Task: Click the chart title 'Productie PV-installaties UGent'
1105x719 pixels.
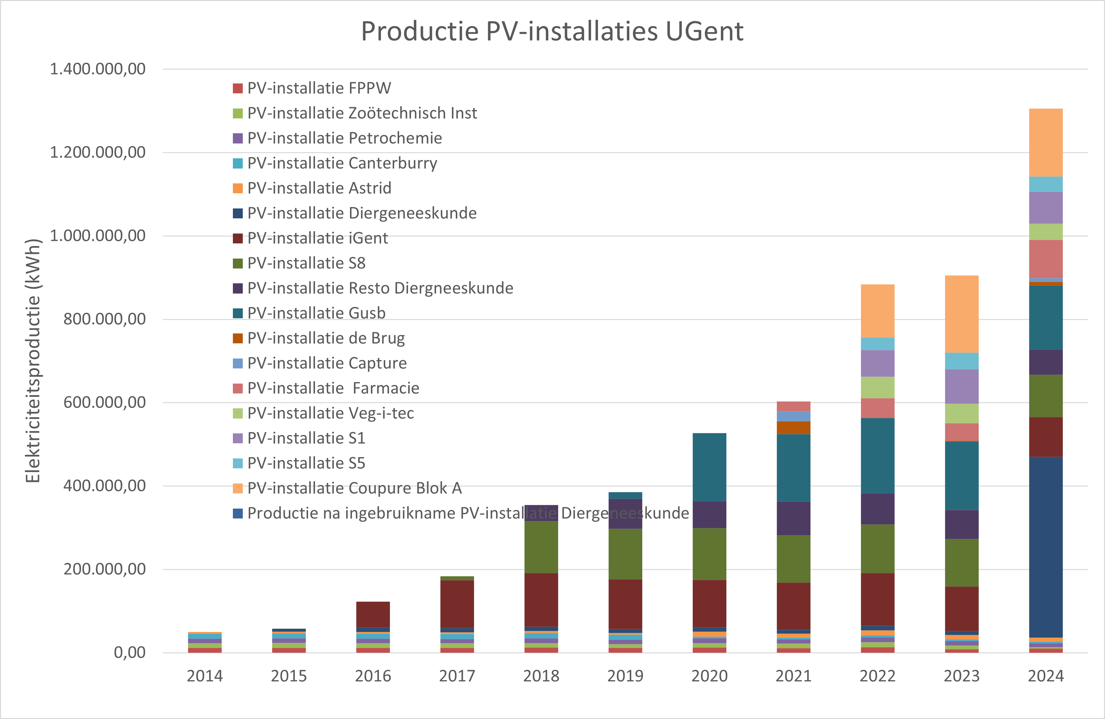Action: (x=552, y=32)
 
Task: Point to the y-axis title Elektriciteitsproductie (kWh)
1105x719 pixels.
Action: (x=33, y=361)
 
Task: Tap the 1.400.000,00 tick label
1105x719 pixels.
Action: (x=98, y=69)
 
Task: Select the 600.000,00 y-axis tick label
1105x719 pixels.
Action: (x=104, y=402)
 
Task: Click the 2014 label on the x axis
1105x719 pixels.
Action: (x=205, y=676)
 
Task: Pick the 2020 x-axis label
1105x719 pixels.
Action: (x=710, y=676)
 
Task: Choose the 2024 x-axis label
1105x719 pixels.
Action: (x=1046, y=676)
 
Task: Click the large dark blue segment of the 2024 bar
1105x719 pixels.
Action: (x=1046, y=548)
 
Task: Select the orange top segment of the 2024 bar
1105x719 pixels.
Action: (x=1046, y=142)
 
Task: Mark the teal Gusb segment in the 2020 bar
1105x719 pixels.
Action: (x=710, y=467)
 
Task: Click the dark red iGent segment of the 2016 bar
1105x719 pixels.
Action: (x=373, y=614)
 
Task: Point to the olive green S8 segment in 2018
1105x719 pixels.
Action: (x=541, y=547)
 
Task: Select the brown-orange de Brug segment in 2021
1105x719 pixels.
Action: (x=794, y=427)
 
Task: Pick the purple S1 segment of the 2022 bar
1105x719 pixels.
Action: (x=877, y=363)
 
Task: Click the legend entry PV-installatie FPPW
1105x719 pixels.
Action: (x=319, y=88)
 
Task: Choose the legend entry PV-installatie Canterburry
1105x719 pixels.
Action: (x=342, y=163)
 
